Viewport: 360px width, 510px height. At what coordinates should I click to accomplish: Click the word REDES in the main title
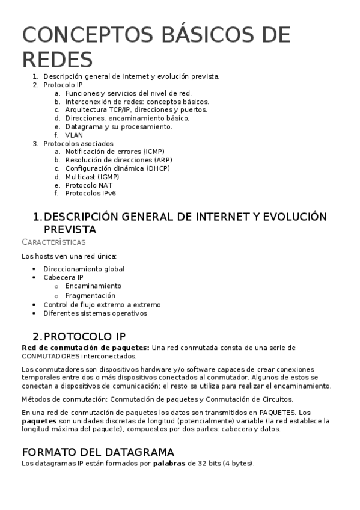click(x=58, y=60)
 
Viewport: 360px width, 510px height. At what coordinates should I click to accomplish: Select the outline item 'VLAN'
click(x=74, y=135)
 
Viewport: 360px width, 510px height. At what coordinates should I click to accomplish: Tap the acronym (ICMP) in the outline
click(x=150, y=152)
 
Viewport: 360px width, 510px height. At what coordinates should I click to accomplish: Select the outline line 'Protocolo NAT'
click(x=88, y=185)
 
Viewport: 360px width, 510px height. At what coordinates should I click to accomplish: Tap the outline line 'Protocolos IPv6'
click(x=91, y=194)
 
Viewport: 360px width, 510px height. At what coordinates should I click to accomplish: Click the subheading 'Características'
click(x=53, y=242)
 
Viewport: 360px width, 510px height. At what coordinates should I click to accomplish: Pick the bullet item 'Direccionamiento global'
click(x=84, y=269)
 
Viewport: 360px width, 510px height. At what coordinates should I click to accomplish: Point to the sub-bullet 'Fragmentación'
click(x=90, y=296)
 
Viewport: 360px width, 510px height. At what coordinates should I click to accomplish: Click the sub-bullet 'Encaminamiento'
click(x=93, y=286)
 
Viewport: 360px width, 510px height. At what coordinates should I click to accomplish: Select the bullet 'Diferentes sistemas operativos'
click(x=95, y=313)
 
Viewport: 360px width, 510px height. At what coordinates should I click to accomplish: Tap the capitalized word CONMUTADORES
click(x=49, y=356)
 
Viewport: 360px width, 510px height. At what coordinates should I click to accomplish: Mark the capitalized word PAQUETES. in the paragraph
click(x=277, y=413)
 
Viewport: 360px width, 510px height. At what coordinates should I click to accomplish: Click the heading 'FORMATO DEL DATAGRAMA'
click(x=98, y=452)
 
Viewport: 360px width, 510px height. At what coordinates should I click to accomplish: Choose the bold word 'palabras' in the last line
click(x=169, y=464)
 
